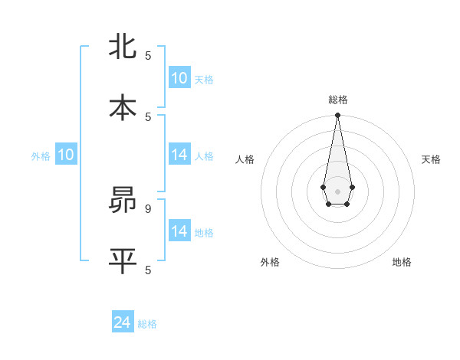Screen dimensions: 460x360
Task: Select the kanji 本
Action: coord(123,108)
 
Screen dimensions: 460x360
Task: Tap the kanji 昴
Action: coord(123,201)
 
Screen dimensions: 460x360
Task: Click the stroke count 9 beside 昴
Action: coord(148,208)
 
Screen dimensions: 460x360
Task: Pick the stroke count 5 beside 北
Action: coord(148,55)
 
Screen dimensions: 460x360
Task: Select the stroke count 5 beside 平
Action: coord(148,270)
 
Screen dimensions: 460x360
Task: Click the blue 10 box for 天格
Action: coord(179,78)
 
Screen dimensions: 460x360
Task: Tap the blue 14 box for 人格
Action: coord(179,155)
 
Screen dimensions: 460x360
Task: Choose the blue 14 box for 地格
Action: coord(179,231)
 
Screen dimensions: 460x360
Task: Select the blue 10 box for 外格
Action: coord(66,155)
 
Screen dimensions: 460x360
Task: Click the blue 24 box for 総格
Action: coord(123,322)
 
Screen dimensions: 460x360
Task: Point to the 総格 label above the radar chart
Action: coord(338,100)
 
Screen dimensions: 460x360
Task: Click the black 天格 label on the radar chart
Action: coord(432,159)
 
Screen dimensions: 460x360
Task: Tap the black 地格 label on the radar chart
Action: coord(402,262)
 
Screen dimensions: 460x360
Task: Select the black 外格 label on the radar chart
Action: coord(270,262)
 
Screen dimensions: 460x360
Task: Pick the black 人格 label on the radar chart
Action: coord(245,159)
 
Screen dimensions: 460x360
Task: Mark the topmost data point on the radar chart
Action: coord(337,116)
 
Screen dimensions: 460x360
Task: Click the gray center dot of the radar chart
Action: coord(337,191)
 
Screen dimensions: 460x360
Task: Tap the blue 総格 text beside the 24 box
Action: coord(147,324)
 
